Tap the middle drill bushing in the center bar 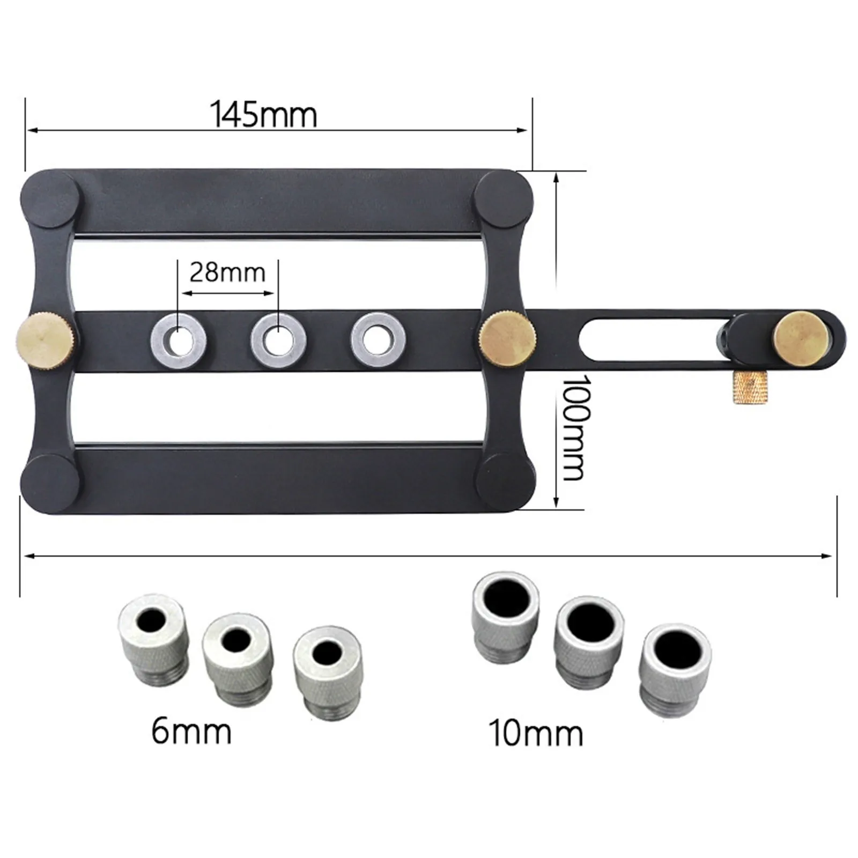click(x=278, y=340)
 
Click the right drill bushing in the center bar click(x=378, y=339)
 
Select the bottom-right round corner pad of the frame click(x=504, y=476)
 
